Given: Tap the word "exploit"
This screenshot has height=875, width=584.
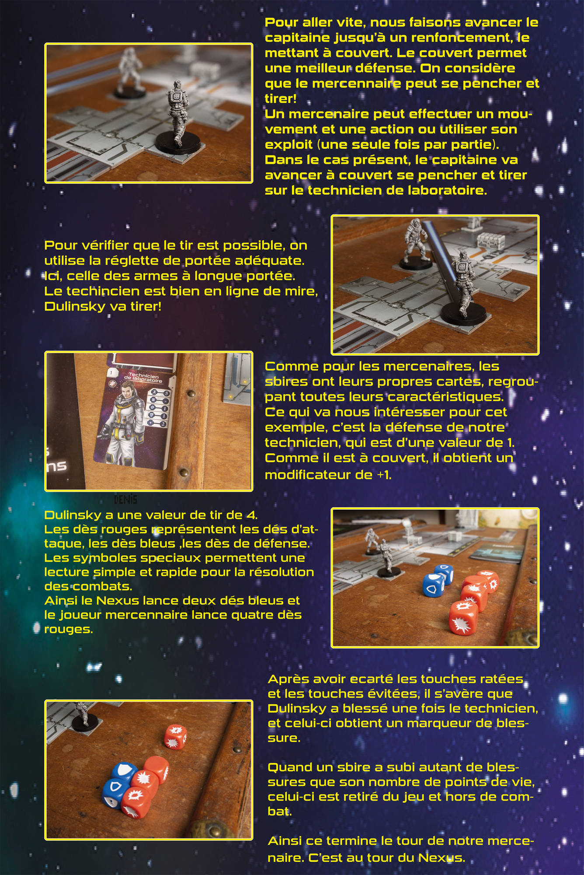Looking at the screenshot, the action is (289, 145).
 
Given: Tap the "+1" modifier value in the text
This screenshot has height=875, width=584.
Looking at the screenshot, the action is (384, 475).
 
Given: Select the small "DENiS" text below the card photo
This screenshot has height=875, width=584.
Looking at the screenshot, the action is (125, 499).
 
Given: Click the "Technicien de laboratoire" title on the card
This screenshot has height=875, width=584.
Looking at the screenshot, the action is (143, 378).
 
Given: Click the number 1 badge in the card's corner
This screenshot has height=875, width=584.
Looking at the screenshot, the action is (111, 373).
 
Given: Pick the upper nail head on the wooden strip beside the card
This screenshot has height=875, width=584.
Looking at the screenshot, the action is (191, 394).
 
